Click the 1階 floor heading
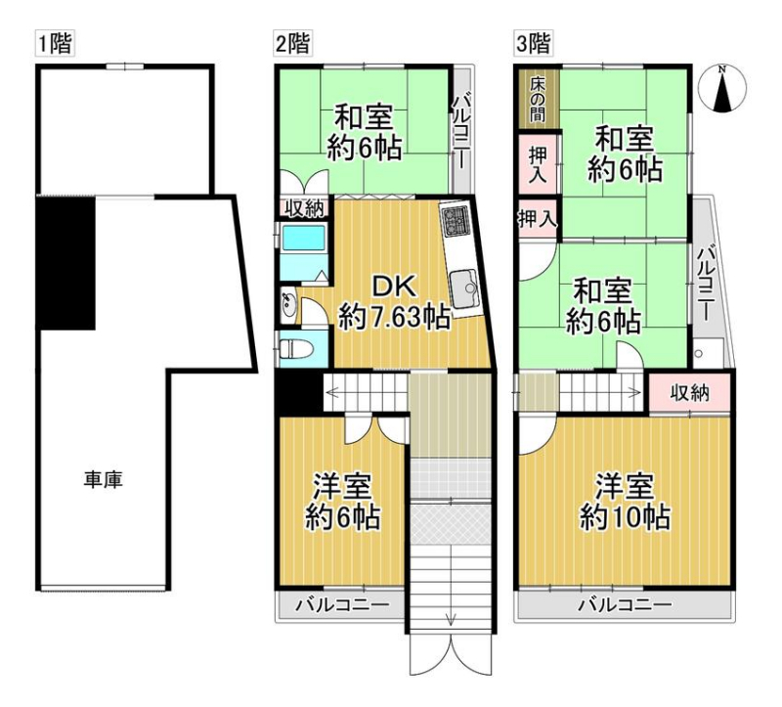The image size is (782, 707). (x=56, y=43)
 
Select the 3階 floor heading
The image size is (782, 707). (x=533, y=43)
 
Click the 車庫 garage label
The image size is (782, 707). (x=103, y=480)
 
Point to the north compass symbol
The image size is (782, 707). (x=721, y=90)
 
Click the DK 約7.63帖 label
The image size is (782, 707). (x=395, y=302)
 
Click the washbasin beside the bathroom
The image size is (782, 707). (x=288, y=305)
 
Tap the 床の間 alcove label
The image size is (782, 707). (x=538, y=99)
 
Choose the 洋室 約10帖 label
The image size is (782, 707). (x=625, y=503)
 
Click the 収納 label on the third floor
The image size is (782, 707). (x=689, y=393)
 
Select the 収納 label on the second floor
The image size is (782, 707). (x=304, y=208)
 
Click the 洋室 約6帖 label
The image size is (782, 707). (x=343, y=503)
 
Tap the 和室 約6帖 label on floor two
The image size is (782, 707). (x=364, y=132)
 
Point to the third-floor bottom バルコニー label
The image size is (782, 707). (x=625, y=605)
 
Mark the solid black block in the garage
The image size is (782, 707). (x=67, y=263)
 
